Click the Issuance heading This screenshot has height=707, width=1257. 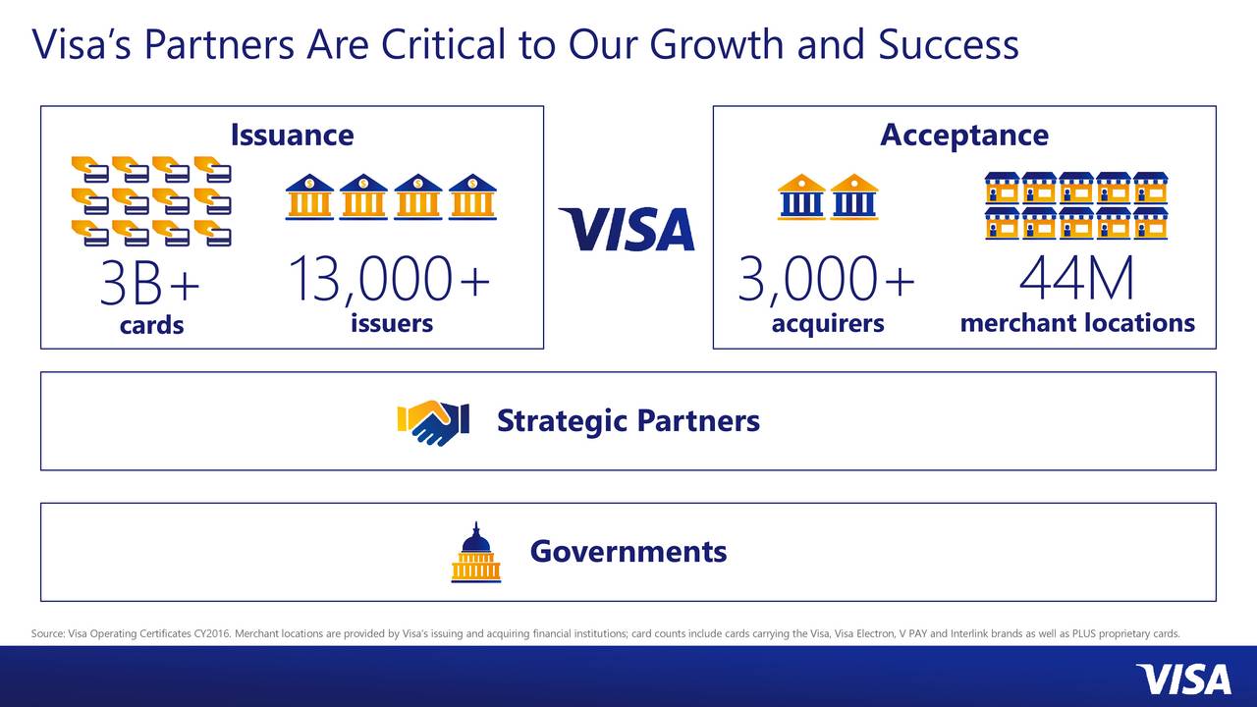292,135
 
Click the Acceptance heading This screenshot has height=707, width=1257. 963,135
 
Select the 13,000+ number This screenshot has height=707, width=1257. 390,280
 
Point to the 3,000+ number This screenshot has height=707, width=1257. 826,280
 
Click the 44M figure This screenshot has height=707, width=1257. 1076,280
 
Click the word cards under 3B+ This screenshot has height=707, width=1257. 151,325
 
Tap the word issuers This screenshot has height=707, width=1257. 391,322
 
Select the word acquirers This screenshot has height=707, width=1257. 827,323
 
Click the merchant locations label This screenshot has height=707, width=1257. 1077,322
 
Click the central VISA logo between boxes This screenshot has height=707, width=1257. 627,229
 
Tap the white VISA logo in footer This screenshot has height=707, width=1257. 1182,679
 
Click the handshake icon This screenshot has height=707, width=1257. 433,421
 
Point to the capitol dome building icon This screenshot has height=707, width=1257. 475,553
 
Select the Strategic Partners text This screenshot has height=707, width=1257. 628,420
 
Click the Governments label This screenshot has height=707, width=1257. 628,551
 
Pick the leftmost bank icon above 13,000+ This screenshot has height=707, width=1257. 310,196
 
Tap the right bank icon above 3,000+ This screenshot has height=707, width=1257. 854,196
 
